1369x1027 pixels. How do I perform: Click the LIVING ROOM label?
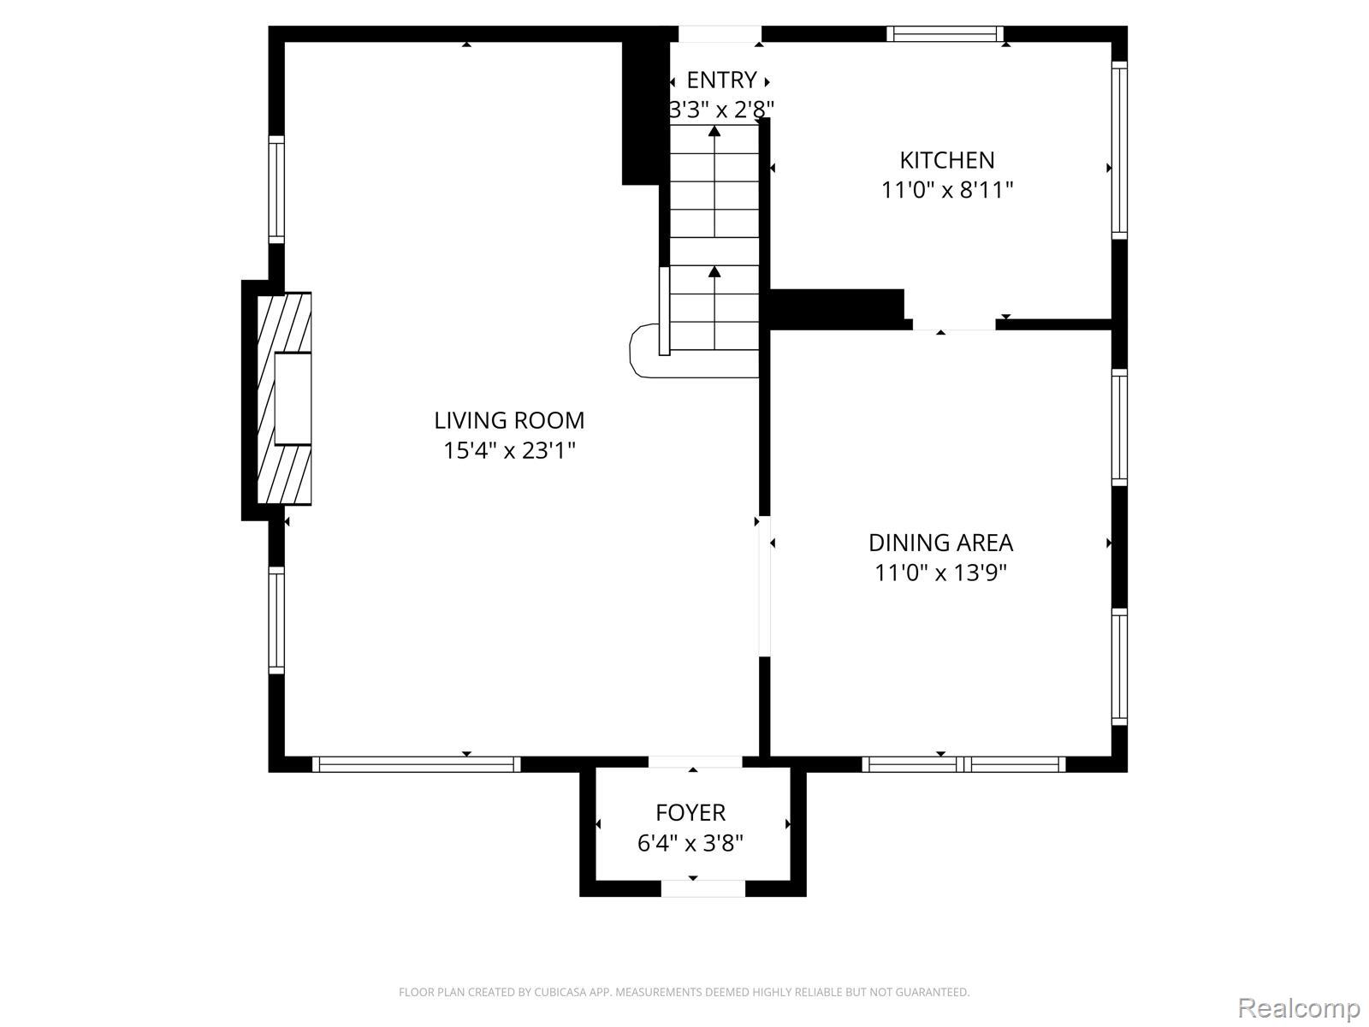pos(509,420)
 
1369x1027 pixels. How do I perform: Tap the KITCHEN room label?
pos(947,160)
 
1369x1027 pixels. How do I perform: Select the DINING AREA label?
pos(940,543)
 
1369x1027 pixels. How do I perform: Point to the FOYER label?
pos(690,812)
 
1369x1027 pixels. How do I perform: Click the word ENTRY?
pos(721,80)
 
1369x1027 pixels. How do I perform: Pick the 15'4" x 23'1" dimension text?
pos(509,450)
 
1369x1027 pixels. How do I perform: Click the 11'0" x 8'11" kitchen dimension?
pos(947,189)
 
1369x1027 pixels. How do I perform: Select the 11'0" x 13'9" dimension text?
pos(940,573)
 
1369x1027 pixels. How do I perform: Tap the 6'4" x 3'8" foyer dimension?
pos(690,843)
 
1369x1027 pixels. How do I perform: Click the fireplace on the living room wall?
pos(284,398)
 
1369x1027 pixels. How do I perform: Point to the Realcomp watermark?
pos(1299,1007)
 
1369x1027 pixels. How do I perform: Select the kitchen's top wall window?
pos(945,33)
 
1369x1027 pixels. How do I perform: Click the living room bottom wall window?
pos(416,764)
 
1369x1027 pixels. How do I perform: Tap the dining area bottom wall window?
pos(963,764)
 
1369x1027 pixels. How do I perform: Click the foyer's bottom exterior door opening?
pos(703,888)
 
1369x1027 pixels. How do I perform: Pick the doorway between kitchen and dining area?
pos(954,324)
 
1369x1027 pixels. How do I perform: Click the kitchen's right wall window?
pos(1119,150)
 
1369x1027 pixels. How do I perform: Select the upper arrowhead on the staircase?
pos(714,131)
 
